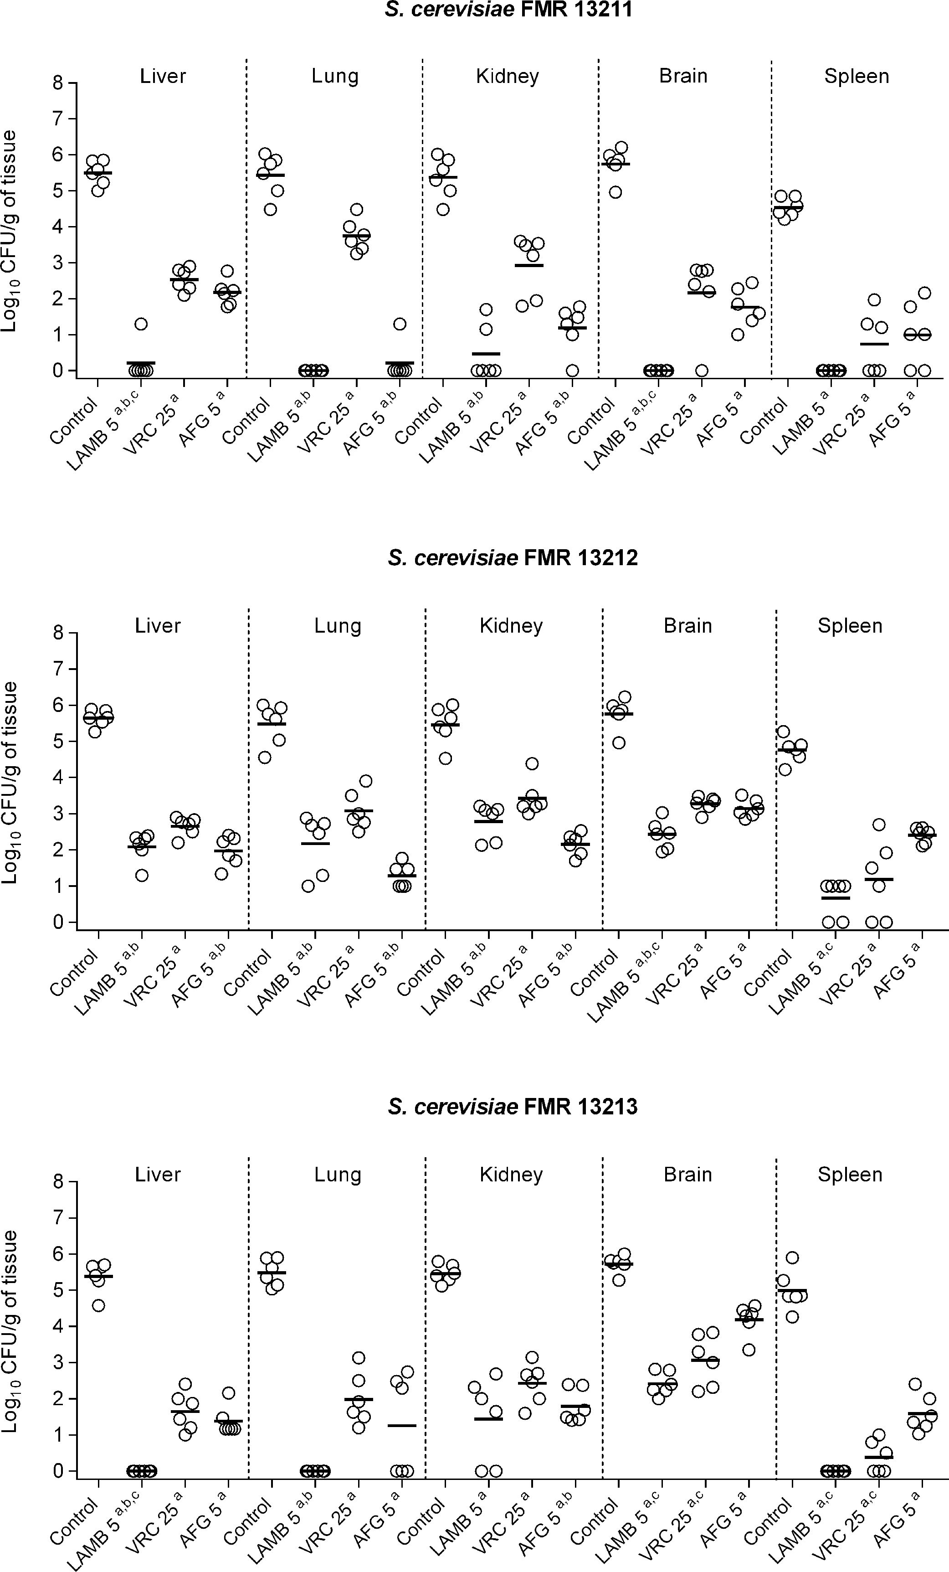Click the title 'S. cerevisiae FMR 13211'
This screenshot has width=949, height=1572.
(x=509, y=10)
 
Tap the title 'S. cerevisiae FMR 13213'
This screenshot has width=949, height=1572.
(x=512, y=1106)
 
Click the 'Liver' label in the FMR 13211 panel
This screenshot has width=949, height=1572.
(x=163, y=76)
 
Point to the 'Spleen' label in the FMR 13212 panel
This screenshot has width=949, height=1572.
(x=850, y=625)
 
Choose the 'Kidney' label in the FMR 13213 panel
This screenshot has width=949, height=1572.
(x=511, y=1174)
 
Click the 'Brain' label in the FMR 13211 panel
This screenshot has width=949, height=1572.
(x=683, y=76)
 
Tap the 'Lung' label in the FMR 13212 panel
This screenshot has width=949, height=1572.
(x=338, y=625)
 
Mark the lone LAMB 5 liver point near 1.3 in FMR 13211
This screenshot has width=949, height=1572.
(x=141, y=324)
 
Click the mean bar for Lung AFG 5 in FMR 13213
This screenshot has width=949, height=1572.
(x=402, y=1425)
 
